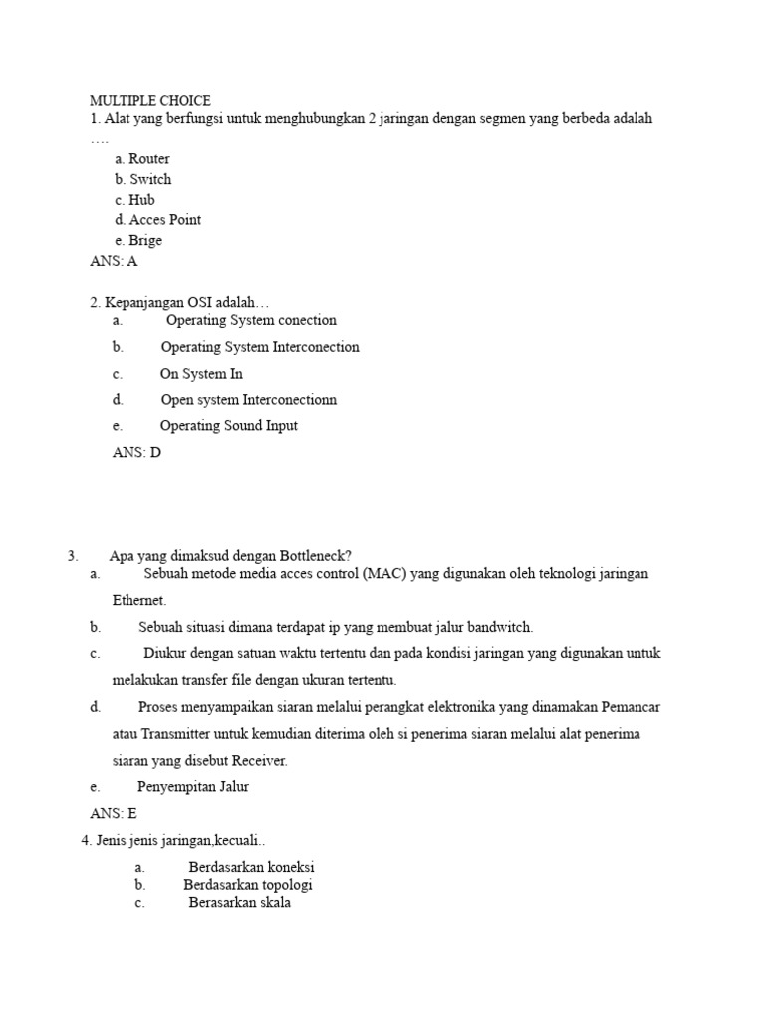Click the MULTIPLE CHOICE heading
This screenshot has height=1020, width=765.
(x=150, y=100)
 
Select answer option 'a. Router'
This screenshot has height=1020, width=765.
(x=142, y=159)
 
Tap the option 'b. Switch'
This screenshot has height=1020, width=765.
(x=143, y=179)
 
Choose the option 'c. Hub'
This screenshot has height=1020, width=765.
(x=135, y=200)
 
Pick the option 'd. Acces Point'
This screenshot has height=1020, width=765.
(x=158, y=220)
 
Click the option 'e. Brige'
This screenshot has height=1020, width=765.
(x=138, y=241)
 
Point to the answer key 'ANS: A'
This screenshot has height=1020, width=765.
(x=114, y=262)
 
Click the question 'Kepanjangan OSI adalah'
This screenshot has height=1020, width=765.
(x=179, y=302)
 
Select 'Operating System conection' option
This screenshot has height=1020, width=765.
(x=251, y=321)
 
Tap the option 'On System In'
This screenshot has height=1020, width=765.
(x=201, y=374)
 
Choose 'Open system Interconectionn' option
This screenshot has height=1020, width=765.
(x=249, y=400)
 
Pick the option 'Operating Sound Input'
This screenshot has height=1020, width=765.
(x=229, y=426)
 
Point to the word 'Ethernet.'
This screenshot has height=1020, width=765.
(x=139, y=601)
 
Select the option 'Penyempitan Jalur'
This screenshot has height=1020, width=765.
(x=193, y=787)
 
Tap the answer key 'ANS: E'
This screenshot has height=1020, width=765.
(x=114, y=814)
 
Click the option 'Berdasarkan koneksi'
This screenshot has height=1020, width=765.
(x=251, y=868)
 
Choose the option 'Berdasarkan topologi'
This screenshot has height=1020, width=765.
(x=248, y=885)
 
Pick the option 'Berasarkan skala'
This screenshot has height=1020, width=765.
(x=240, y=903)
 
